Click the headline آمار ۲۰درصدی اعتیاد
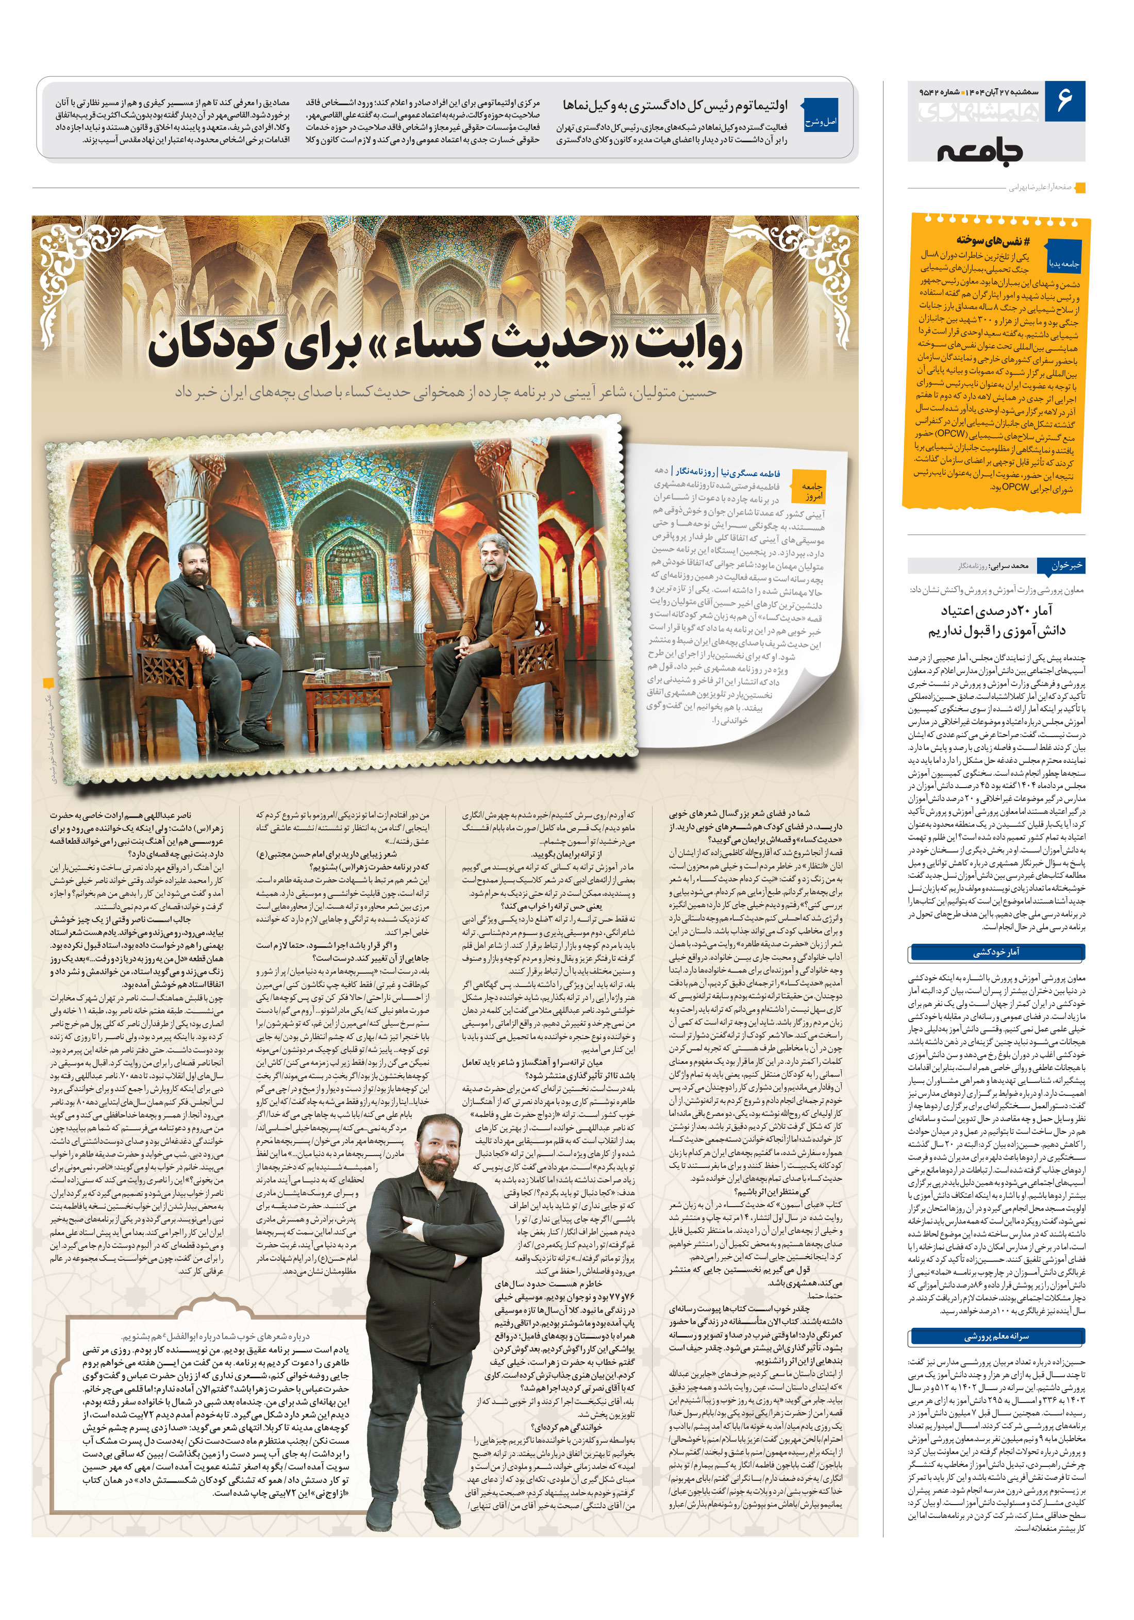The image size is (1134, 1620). pyautogui.click(x=996, y=610)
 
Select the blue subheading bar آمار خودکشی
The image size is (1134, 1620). pyautogui.click(x=996, y=953)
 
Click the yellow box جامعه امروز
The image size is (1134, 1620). pyautogui.click(x=812, y=491)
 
